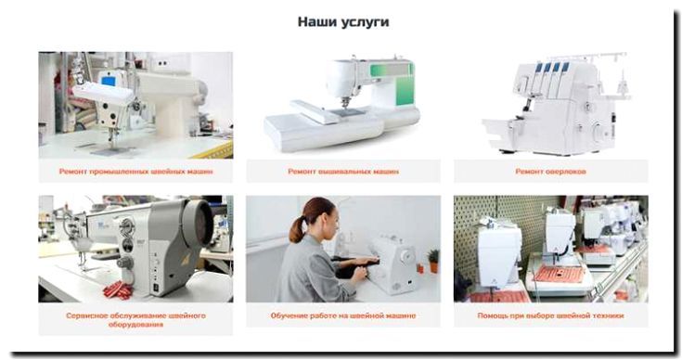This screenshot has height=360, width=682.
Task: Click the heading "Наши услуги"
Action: [x=343, y=22]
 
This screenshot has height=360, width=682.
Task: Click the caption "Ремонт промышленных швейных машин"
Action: [x=135, y=172]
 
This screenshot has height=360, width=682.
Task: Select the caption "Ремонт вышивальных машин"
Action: [x=343, y=172]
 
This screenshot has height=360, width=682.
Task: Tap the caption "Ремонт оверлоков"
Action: [x=550, y=172]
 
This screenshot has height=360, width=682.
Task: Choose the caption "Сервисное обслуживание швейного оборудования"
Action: [x=135, y=319]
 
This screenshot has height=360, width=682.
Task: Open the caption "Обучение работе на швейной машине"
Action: [x=343, y=315]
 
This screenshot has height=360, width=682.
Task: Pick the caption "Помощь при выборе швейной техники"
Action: [x=550, y=315]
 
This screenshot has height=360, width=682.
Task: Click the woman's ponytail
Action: [x=297, y=230]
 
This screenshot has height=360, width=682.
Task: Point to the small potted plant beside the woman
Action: [x=433, y=261]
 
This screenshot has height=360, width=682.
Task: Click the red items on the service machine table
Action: [x=118, y=290]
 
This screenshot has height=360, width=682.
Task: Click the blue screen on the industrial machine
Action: [x=108, y=81]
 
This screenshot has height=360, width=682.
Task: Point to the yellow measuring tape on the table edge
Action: [x=214, y=149]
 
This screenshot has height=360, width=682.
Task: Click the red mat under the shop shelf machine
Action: [x=560, y=274]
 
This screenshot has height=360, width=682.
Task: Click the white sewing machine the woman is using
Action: [x=392, y=264]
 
